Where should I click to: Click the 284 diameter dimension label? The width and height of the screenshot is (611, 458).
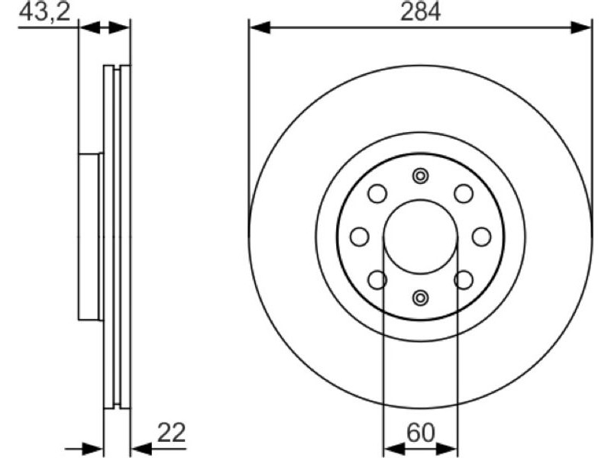[x=421, y=11]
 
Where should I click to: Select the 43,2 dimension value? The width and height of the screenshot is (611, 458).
[x=44, y=11]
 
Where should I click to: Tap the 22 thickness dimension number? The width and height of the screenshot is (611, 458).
[x=171, y=432]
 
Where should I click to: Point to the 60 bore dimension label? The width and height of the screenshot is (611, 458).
[x=420, y=433]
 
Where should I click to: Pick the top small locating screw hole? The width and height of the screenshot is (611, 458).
[x=420, y=176]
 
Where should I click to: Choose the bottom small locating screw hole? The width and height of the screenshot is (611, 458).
[x=420, y=298]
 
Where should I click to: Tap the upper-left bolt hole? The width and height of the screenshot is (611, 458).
[x=377, y=194]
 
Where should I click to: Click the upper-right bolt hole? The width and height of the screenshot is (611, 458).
[x=464, y=194]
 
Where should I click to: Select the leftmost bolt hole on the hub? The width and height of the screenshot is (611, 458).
[x=360, y=237]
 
